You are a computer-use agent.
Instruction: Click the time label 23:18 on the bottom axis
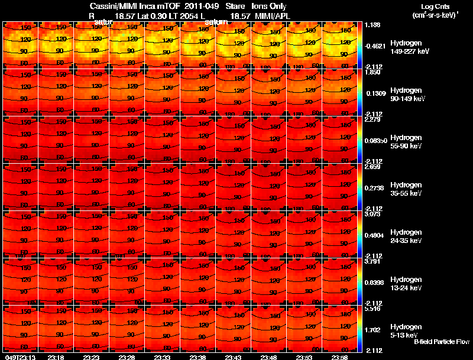pyautogui.click(x=56, y=357)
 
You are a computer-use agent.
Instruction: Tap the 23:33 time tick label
pyautogui.click(x=162, y=357)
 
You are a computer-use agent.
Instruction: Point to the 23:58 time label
pyautogui.click(x=339, y=357)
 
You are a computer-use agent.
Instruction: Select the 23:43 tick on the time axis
pyautogui.click(x=233, y=357)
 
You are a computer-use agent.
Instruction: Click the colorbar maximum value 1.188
pyautogui.click(x=373, y=24)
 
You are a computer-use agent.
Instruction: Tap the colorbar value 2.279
pyautogui.click(x=373, y=120)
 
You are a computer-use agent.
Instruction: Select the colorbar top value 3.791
pyautogui.click(x=373, y=261)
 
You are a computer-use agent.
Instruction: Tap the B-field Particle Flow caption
pyautogui.click(x=441, y=342)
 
